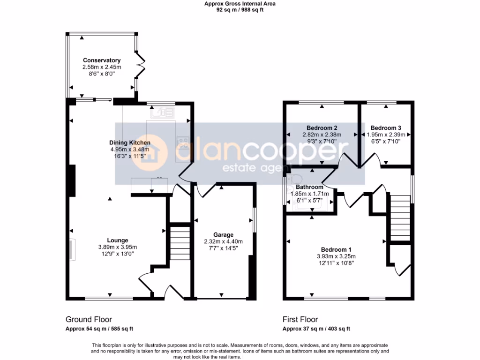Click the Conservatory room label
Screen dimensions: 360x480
tap(102, 60)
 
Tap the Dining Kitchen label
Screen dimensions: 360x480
tap(130, 143)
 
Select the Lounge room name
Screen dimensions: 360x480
tap(117, 240)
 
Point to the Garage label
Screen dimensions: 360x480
tap(223, 235)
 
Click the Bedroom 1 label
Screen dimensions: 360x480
tap(336, 249)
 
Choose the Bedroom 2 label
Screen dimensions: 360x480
tap(322, 127)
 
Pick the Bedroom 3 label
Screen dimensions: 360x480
tap(386, 127)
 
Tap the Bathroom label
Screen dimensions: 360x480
tap(309, 187)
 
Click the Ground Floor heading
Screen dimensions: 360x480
tap(89, 320)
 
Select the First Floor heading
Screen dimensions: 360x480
tap(300, 320)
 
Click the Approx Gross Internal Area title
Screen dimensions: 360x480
tap(240, 4)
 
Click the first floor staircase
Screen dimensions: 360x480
tap(400, 217)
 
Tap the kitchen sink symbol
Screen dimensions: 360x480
tap(162, 112)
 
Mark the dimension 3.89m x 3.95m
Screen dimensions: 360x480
tap(117, 247)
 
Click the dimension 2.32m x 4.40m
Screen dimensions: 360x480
tap(223, 241)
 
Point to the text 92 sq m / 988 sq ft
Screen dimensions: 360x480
tap(240, 10)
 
